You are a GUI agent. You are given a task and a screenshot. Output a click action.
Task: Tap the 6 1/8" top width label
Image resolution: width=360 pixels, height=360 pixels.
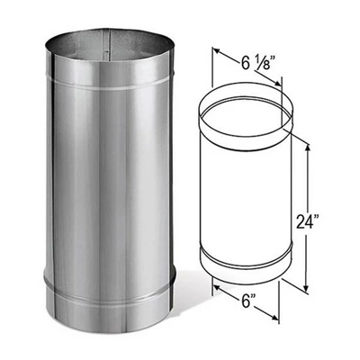tap(257, 65)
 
